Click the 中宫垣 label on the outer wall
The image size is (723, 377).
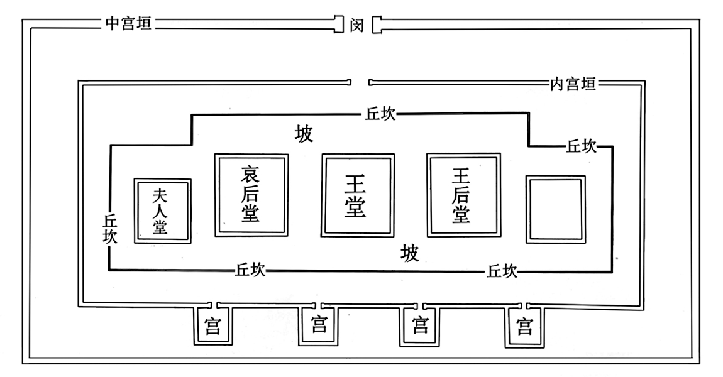130,25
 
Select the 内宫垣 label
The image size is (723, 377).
572,83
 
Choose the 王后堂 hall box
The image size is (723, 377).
463,195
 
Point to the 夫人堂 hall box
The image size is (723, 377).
162,210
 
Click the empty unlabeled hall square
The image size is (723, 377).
556,209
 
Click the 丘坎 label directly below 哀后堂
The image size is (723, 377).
250,270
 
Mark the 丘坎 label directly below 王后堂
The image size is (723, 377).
502,270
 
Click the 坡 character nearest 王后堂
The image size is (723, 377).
410,253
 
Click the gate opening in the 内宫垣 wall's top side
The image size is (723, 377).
360,82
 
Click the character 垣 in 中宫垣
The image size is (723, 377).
144,25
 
